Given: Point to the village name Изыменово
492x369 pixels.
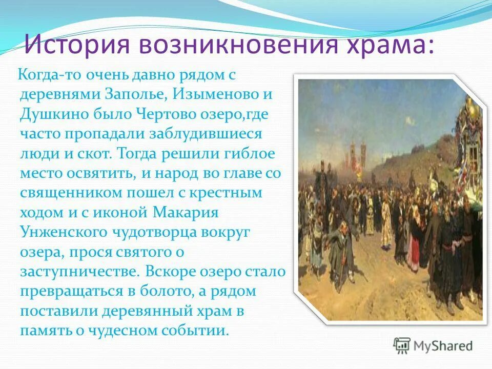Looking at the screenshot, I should pyautogui.click(x=216, y=95).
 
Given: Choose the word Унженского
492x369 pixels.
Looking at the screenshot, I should pyautogui.click(x=62, y=232).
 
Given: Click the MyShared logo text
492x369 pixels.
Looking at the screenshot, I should pyautogui.click(x=443, y=345).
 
